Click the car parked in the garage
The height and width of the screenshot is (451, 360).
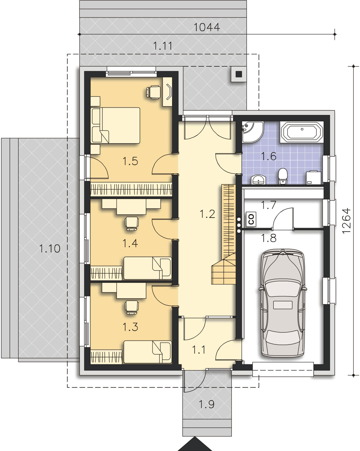click(283, 303)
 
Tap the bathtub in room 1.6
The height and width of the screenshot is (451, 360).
click(302, 132)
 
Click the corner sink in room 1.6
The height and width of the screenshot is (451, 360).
click(252, 132)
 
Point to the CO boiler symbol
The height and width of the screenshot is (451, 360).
click(251, 219)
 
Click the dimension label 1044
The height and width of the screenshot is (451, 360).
click(206, 27)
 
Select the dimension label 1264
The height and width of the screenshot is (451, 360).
click(346, 221)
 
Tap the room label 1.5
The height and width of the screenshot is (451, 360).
click(130, 161)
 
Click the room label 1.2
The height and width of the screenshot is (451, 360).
click(207, 214)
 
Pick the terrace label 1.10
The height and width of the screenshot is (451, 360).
click(50, 249)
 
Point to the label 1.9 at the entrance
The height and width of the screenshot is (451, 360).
click(206, 404)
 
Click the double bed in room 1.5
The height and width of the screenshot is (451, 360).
click(115, 126)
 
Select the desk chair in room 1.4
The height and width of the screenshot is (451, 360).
click(132, 224)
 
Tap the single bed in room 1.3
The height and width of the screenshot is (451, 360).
click(148, 352)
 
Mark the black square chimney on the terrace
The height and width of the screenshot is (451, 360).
click(239, 74)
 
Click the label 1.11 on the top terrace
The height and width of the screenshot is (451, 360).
click(163, 46)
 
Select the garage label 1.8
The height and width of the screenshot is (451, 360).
click(269, 238)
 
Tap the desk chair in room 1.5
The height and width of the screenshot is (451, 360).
click(154, 92)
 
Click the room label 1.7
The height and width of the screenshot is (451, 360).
click(269, 205)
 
